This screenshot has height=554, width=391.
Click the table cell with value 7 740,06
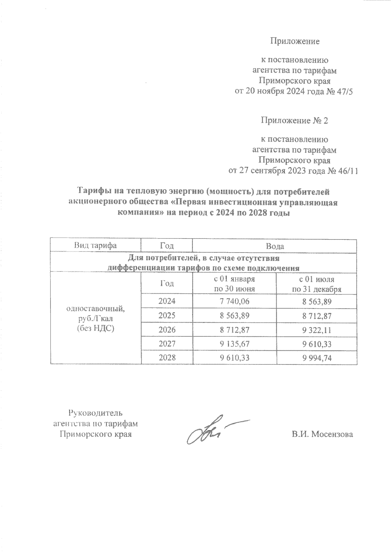[234, 301]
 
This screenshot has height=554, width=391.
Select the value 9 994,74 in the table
[317, 358]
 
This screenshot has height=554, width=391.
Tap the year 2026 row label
[167, 330]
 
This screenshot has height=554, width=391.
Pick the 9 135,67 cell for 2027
[234, 344]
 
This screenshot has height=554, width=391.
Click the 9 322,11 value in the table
[317, 330]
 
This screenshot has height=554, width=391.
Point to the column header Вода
[275, 246]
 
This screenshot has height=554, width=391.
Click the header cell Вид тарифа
[95, 246]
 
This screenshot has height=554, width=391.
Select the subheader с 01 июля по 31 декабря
[317, 284]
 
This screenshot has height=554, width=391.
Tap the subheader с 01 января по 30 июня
[234, 284]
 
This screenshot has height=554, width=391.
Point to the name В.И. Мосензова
[322, 434]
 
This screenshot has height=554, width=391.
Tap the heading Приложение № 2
[294, 121]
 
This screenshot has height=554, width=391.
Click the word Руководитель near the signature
[95, 413]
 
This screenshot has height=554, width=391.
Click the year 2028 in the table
[167, 358]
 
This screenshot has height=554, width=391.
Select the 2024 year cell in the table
[167, 301]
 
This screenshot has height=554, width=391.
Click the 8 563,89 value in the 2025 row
[234, 316]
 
